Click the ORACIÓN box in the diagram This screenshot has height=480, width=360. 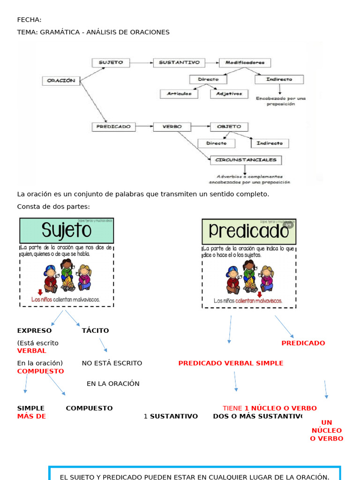coord(61,81)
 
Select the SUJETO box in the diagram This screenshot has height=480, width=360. coord(111,62)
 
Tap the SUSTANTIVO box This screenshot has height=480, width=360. coord(179,62)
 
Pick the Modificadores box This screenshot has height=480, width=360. coord(245,62)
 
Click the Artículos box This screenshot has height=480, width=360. coord(179,94)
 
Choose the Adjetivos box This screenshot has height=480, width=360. coord(229,94)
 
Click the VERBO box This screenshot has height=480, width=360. coord(172,127)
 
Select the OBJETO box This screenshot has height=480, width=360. coord(229,127)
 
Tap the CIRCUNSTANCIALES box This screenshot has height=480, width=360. coord(246,160)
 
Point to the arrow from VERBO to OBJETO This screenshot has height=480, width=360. coord(201,127)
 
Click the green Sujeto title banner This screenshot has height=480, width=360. coord(67,231)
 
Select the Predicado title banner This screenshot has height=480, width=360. coord(249,231)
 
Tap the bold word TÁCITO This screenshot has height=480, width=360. coord(95,330)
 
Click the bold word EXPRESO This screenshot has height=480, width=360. coord(34,330)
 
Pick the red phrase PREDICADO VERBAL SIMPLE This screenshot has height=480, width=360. coord(231,363)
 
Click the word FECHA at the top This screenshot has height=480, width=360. coord(29,20)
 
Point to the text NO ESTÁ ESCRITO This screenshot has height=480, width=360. coord(112,363)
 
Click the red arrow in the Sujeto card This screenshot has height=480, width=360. coord(40,292)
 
